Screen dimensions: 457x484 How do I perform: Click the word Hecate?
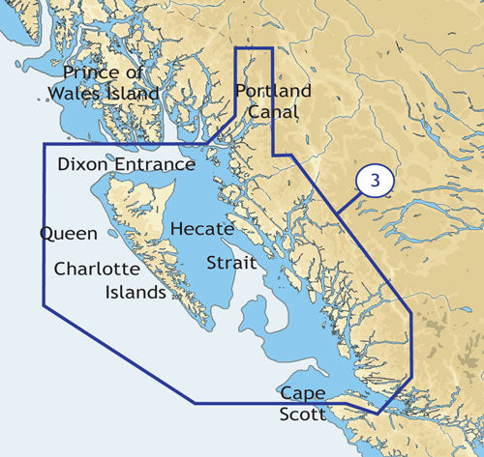(201, 229)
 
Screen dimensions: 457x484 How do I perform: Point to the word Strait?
(231, 263)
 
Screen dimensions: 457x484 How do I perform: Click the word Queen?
(68, 234)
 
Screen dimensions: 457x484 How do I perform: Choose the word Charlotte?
(101, 269)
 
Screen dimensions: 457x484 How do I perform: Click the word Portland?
(273, 91)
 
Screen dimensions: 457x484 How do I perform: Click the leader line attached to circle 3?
(349, 201)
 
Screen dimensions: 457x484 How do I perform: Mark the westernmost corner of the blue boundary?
(43, 306)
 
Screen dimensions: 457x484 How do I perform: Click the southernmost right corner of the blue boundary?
(377, 414)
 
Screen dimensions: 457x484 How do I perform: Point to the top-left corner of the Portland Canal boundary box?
(238, 47)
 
